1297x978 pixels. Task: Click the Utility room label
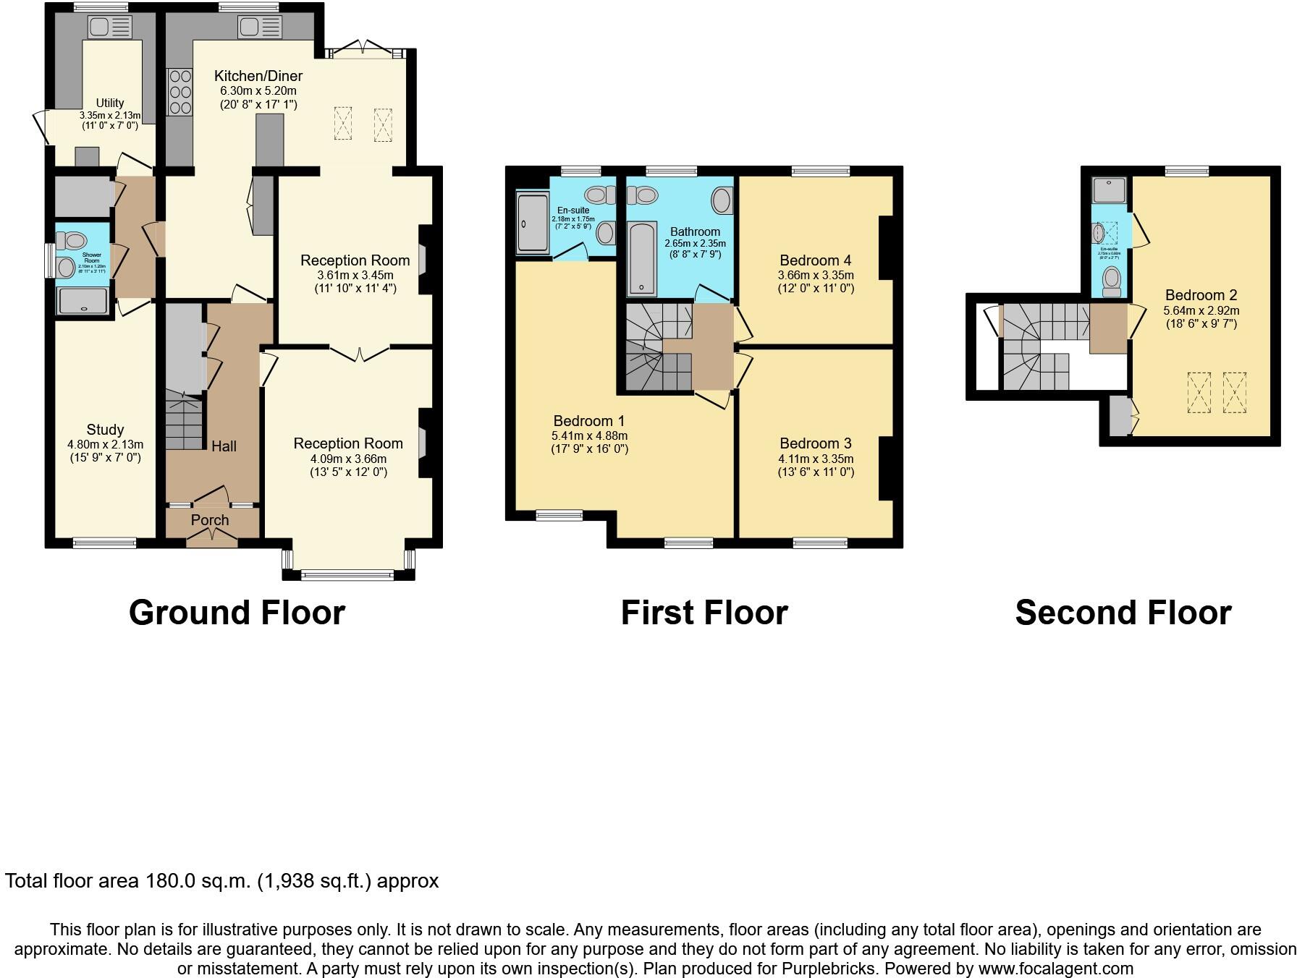110,103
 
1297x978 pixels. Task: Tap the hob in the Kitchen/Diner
179,91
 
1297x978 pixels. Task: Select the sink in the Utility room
109,27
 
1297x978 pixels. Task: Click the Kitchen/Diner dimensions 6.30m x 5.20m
258,91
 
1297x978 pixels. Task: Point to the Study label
105,430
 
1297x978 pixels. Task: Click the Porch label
210,520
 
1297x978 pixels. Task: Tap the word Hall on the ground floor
224,446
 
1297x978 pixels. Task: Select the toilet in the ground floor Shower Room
72,239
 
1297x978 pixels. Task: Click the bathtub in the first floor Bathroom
642,259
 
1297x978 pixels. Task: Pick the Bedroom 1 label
588,421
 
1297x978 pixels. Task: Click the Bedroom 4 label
815,260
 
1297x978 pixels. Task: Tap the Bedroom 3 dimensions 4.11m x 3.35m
816,459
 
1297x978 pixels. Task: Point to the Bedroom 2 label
1201,295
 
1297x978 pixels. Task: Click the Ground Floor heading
237,613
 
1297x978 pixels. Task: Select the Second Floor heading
1123,613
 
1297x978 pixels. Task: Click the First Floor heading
704,613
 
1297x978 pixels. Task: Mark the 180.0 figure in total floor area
171,881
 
